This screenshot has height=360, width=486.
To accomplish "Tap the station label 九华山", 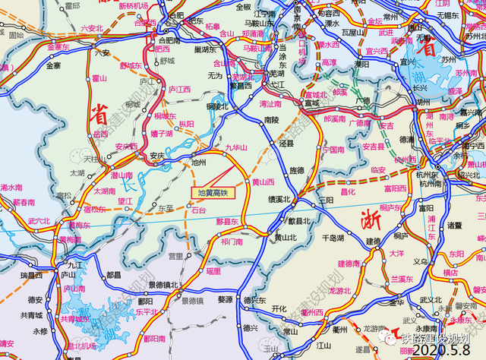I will (237, 149).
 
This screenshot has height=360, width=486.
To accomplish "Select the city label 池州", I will (199, 162).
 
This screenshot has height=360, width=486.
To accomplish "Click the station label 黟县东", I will (227, 221).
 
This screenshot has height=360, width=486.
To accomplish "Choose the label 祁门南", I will (231, 242).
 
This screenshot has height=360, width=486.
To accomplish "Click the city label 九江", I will (74, 266).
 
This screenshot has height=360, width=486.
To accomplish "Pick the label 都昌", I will (115, 275).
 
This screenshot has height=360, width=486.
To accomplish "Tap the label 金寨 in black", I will (53, 66).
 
